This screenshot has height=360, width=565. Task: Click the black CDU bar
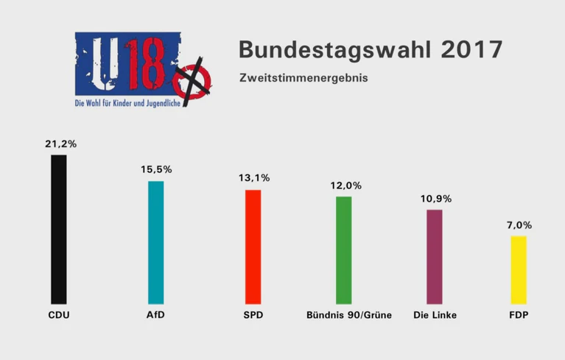click(59, 229)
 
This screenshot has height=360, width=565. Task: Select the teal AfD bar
click(156, 242)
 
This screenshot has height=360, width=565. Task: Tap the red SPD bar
click(253, 247)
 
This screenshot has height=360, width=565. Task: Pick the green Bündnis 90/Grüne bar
click(344, 250)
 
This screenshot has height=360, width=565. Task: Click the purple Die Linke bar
click(435, 256)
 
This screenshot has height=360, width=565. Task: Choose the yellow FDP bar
click(519, 269)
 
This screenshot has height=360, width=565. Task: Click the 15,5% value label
click(156, 169)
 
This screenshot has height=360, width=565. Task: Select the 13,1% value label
click(253, 177)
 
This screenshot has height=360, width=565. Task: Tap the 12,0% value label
click(344, 186)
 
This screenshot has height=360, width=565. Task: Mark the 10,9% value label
click(435, 199)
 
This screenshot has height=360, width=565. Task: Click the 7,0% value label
click(519, 225)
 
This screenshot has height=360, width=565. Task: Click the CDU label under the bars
click(59, 315)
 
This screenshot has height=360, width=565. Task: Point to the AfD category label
click(155, 315)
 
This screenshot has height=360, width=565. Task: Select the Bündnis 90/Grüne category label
click(348, 315)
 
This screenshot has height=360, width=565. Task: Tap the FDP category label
click(519, 315)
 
